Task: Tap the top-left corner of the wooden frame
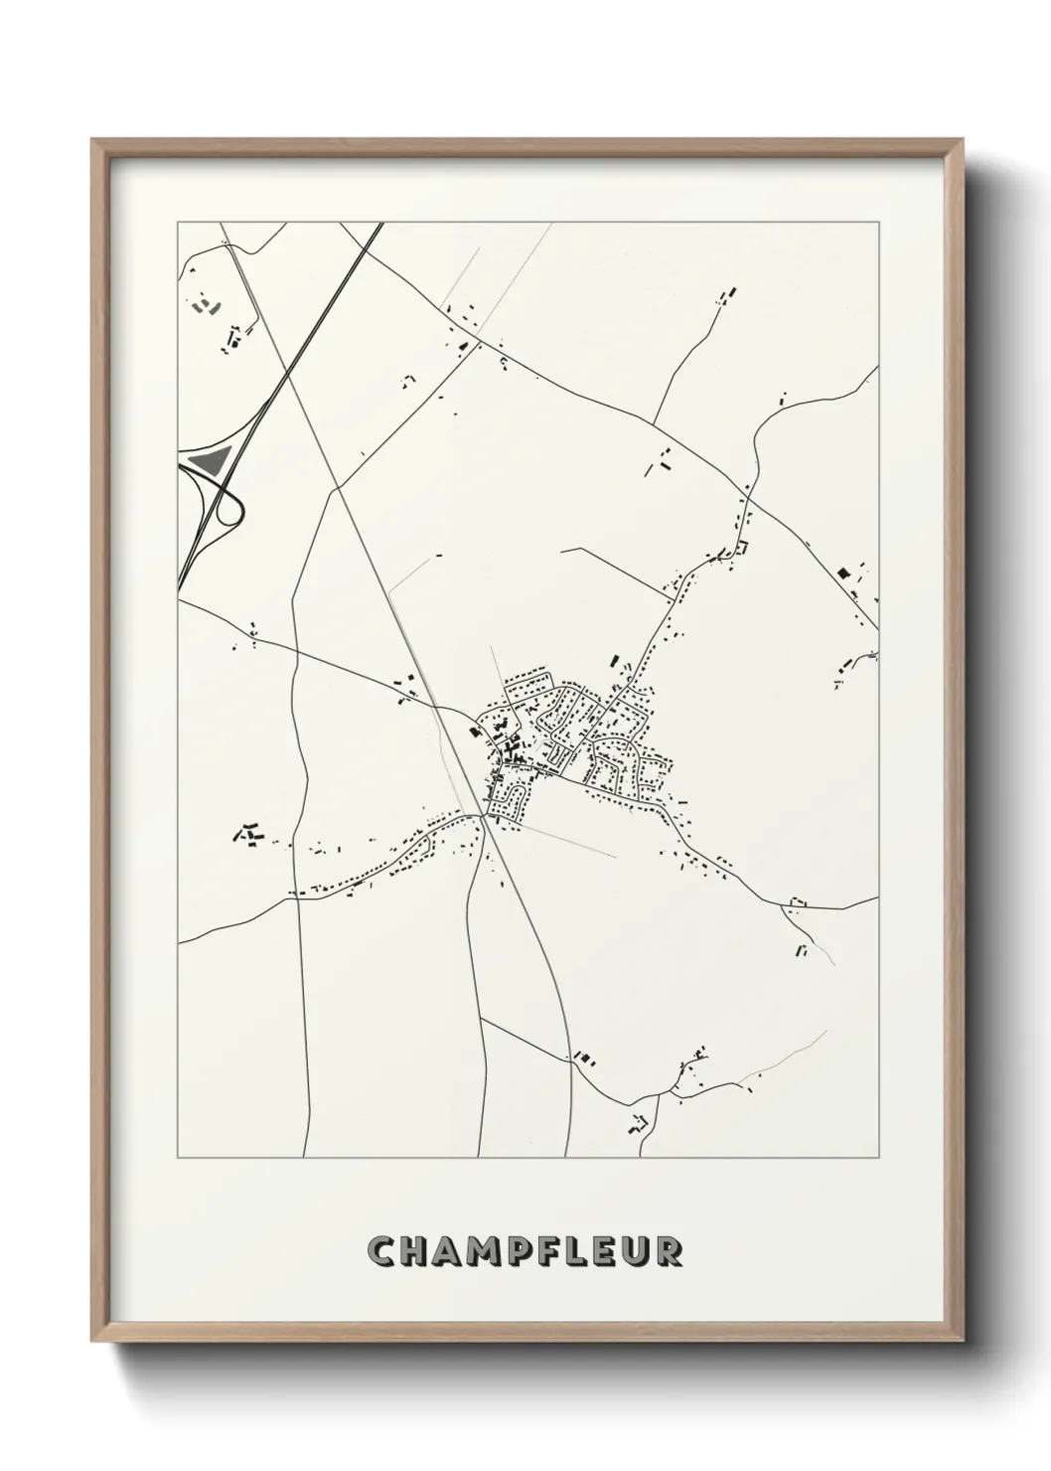[92, 140]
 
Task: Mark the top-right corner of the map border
[878, 223]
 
